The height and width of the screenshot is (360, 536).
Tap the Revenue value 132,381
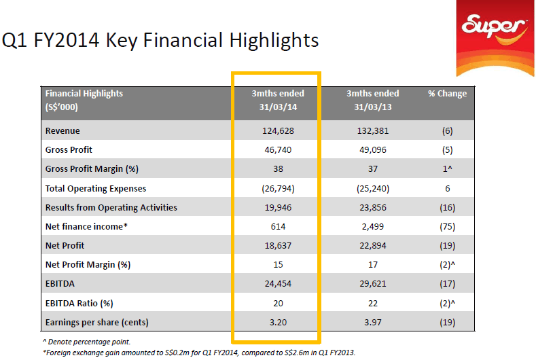pyautogui.click(x=372, y=130)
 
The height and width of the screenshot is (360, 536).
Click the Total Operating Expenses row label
pyautogui.click(x=95, y=188)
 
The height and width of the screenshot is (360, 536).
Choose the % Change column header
pyautogui.click(x=447, y=94)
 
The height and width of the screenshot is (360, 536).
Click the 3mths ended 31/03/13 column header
pyautogui.click(x=372, y=100)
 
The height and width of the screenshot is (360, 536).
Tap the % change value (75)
pyautogui.click(x=447, y=226)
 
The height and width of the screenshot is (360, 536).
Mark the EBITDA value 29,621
pyautogui.click(x=372, y=284)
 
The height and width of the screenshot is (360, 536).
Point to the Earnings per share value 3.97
pyautogui.click(x=372, y=322)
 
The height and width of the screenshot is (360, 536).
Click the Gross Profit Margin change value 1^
pyautogui.click(x=447, y=169)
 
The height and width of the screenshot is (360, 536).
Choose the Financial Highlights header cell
pyautogui.click(x=84, y=100)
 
